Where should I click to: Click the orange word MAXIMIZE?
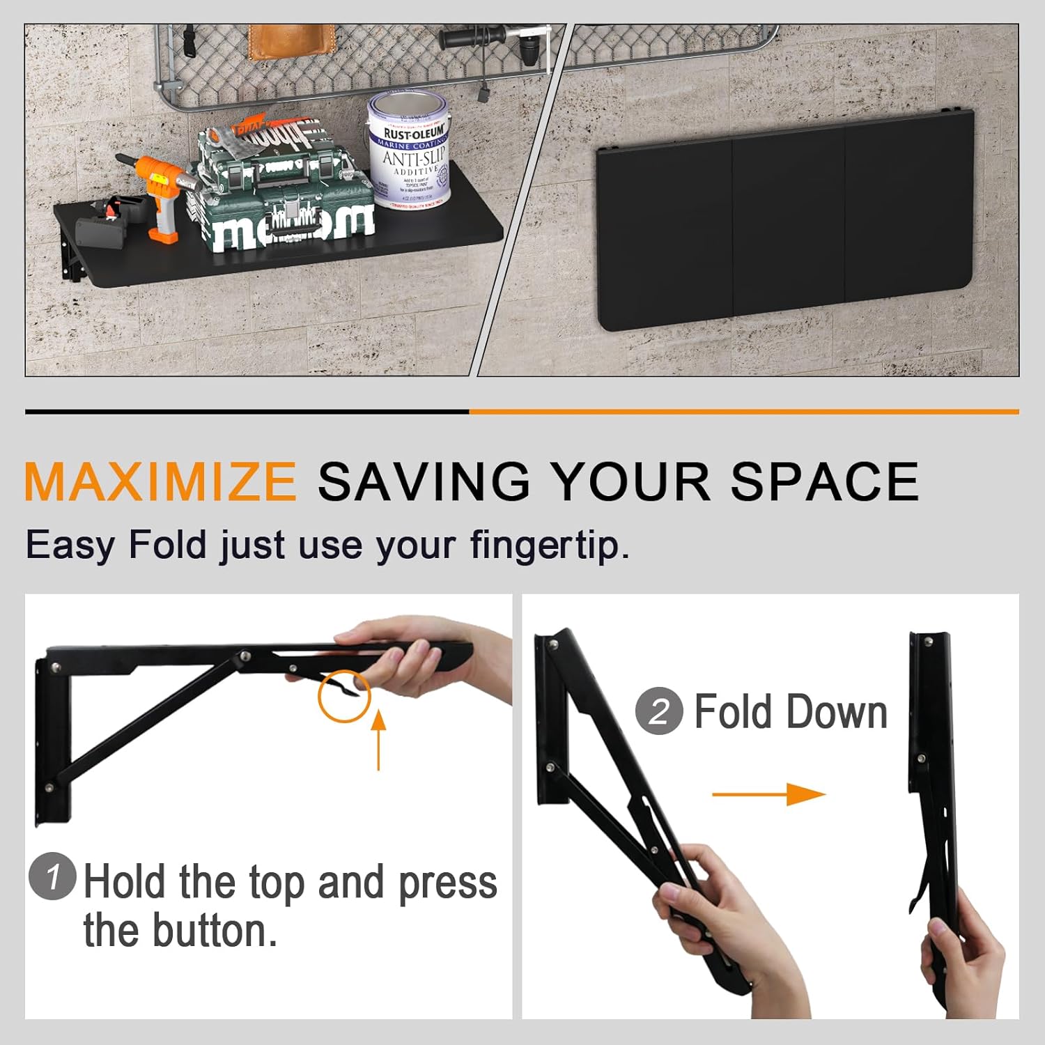160,481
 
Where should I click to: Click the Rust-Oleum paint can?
410,153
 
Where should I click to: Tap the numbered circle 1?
52,876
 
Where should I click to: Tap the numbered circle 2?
658,711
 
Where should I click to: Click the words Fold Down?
791,712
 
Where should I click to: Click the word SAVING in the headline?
424,481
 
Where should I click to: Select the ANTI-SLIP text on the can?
413,158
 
